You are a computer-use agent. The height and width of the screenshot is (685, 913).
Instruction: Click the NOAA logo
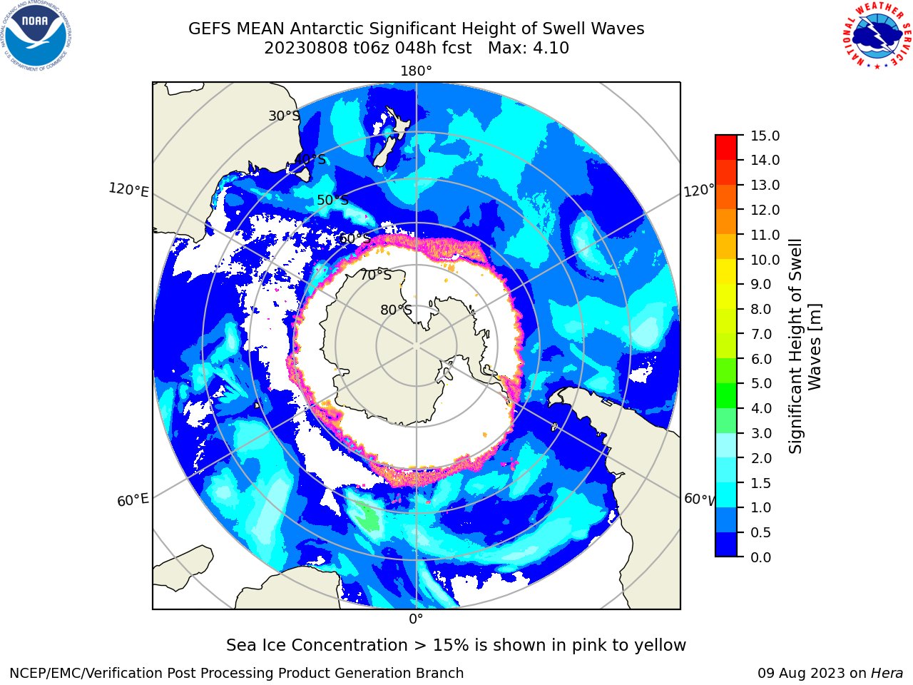[x=36, y=36]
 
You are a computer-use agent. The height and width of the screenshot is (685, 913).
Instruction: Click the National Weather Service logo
[x=877, y=36]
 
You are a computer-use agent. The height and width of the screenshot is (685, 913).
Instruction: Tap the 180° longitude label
[x=416, y=71]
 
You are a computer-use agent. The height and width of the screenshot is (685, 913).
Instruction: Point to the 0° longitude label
[x=416, y=619]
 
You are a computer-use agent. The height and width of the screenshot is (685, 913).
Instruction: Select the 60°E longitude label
[x=133, y=499]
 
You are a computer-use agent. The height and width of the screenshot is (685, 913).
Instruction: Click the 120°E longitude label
[x=128, y=190]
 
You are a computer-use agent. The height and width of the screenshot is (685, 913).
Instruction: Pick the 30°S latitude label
[x=284, y=116]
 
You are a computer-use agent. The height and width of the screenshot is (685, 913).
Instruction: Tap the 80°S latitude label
[x=396, y=310]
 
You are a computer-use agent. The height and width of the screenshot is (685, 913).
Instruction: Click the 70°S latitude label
[x=376, y=275]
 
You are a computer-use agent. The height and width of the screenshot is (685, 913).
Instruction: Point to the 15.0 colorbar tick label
[x=765, y=136]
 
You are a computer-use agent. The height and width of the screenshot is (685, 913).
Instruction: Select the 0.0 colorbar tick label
[x=761, y=557]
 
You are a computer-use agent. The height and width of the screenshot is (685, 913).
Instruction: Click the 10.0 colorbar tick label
[x=765, y=260]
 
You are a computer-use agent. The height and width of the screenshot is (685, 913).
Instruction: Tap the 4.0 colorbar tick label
[x=761, y=408]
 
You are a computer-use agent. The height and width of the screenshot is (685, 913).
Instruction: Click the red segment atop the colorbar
[x=726, y=147]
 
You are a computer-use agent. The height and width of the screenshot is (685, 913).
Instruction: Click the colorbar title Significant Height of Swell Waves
[x=805, y=346]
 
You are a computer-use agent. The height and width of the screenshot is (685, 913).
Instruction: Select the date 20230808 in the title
[x=306, y=48]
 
